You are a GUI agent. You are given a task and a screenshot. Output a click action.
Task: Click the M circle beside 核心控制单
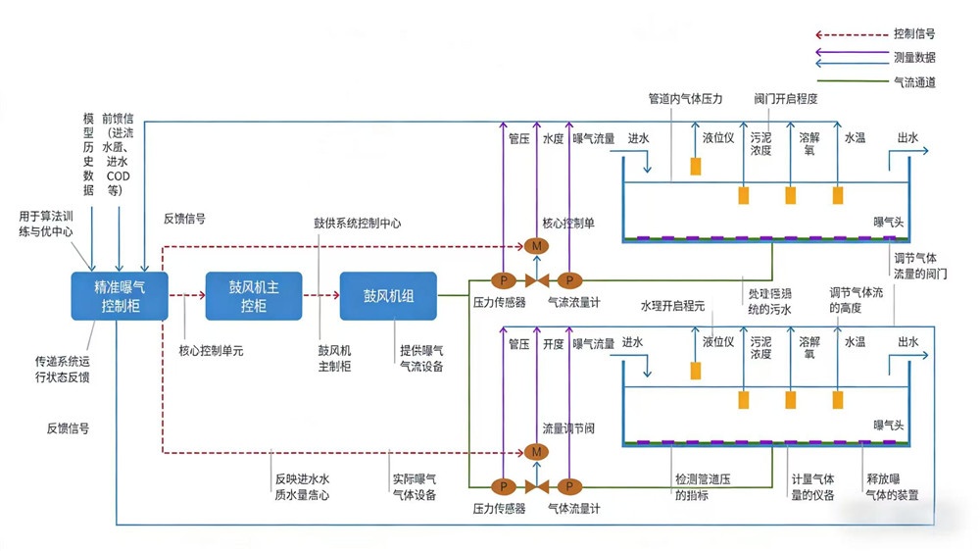[535, 245]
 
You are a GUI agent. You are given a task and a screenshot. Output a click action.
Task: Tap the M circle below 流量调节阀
[535, 451]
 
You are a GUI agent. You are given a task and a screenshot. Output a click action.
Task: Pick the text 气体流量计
[573, 509]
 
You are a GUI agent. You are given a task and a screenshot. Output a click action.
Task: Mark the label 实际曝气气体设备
[414, 487]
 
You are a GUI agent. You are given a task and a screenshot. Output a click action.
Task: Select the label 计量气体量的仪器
[812, 487]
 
